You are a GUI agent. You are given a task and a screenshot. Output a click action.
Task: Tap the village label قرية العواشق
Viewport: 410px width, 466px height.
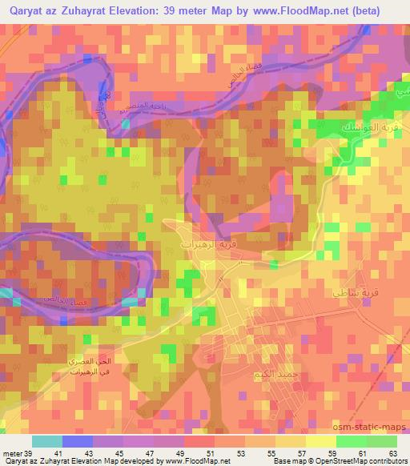tap(360, 127)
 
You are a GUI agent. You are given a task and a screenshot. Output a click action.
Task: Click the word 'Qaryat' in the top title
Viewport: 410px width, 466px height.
tap(25, 11)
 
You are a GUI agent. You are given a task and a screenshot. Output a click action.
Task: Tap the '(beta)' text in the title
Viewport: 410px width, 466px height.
tap(365, 11)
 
